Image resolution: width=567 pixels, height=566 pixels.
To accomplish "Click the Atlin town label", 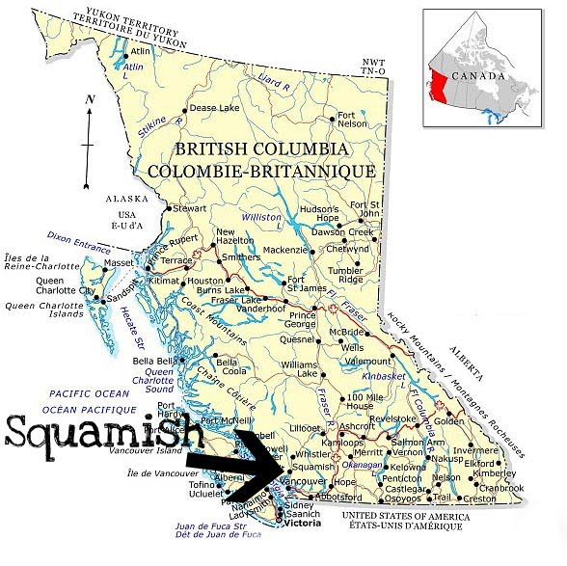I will click(x=142, y=51).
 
